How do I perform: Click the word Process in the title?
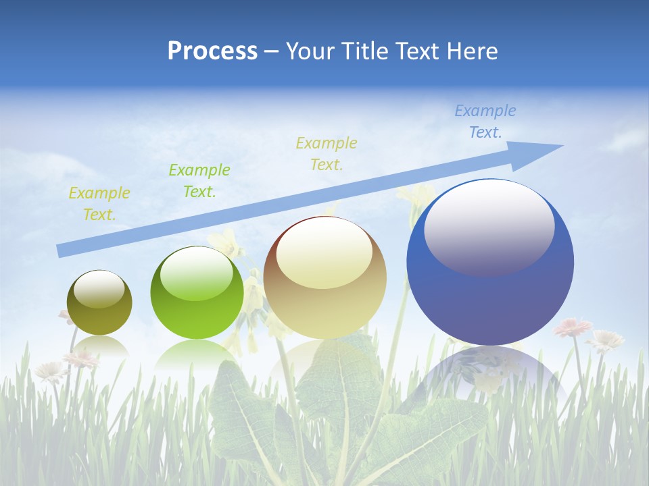(212, 51)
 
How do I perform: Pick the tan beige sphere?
(325, 277)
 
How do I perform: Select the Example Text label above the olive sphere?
(99, 204)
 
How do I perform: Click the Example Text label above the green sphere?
(199, 181)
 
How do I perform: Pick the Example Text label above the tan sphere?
(327, 153)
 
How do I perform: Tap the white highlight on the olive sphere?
(99, 289)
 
